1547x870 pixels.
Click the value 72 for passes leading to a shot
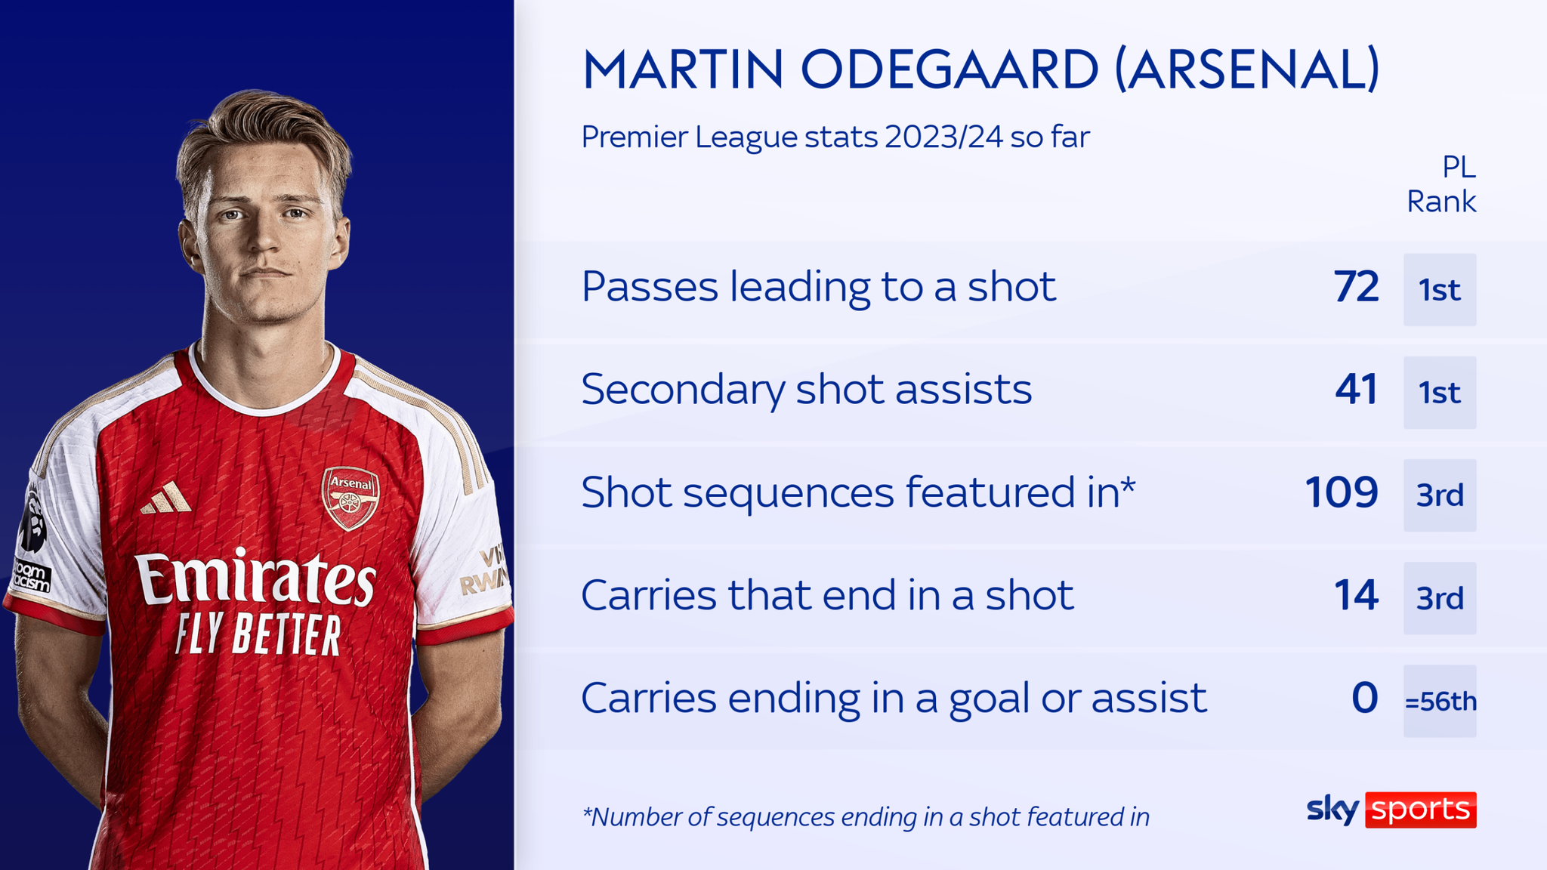coord(1356,288)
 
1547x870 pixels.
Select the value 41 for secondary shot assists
coord(1356,390)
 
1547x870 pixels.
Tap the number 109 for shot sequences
coord(1342,493)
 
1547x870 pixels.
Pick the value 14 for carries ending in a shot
coord(1356,596)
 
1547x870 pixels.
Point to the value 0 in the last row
coord(1364,699)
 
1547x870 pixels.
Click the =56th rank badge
coord(1440,702)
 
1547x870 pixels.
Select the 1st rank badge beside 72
coord(1440,290)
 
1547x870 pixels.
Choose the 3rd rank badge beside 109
coord(1440,495)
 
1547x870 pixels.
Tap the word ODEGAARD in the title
coord(950,69)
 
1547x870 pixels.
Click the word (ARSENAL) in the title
coord(1247,69)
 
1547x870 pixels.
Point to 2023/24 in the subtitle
coord(943,137)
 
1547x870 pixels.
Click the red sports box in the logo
coord(1420,810)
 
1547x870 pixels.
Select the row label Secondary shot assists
coord(806,390)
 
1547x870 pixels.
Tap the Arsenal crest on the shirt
coord(350,498)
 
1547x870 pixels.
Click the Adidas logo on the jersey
coord(167,498)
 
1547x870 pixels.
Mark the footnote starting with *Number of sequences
coord(866,817)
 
